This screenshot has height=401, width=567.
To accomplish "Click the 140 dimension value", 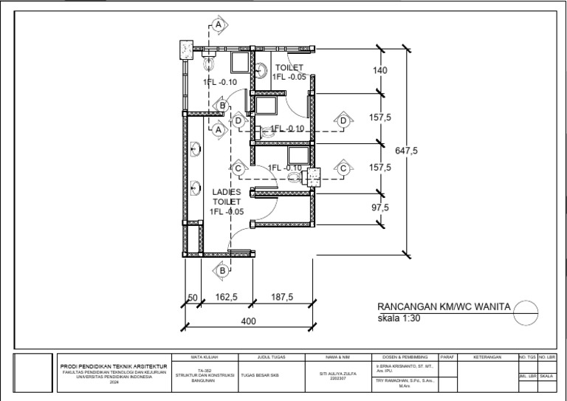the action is point(380,70).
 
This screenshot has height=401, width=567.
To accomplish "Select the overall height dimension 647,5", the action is point(406,150).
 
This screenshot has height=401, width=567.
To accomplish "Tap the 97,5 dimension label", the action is point(380,208).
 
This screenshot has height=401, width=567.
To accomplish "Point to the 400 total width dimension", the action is point(248,321).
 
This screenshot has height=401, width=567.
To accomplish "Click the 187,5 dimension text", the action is point(282,297).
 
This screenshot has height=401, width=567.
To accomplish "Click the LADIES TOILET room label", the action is point(227,196).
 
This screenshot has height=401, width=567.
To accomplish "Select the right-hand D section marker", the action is point(343,120).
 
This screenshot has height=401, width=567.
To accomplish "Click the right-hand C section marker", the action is point(343,168).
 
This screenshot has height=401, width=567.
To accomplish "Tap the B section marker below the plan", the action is point(221,271).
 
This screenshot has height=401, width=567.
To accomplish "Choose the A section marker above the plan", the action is point(219,25).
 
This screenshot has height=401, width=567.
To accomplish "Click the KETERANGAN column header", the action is point(488,357).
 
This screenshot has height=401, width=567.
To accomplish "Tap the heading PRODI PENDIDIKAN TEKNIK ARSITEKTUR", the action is point(114,366).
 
